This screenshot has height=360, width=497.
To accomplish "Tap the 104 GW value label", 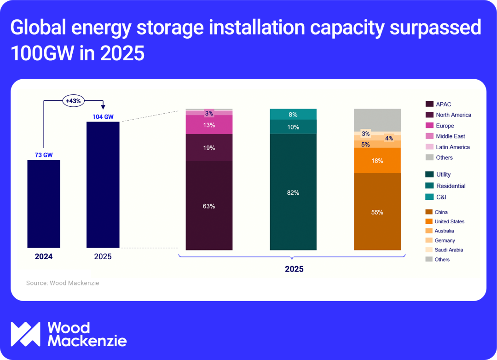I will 103,117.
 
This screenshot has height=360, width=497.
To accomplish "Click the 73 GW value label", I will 44,155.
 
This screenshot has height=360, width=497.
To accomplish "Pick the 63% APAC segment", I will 209,206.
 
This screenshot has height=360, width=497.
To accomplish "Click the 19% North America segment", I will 209,148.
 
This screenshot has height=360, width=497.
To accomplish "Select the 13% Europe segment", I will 209,125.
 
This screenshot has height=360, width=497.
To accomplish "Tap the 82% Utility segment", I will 293,192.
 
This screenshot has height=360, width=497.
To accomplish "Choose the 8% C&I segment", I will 293,114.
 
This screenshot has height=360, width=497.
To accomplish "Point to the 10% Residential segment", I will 293,127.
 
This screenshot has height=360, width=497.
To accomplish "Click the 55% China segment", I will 377,212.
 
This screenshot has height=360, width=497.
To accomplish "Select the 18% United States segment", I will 377,161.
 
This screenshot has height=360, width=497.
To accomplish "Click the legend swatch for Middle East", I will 430,136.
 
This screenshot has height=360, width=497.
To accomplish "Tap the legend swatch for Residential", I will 430,186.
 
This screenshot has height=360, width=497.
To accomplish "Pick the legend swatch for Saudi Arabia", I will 429,250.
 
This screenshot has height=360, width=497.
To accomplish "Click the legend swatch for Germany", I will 429,240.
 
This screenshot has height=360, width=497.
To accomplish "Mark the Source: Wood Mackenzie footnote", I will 63,283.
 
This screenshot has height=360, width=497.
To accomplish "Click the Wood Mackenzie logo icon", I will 26,334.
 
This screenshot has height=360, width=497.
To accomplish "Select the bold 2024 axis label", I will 44,256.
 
